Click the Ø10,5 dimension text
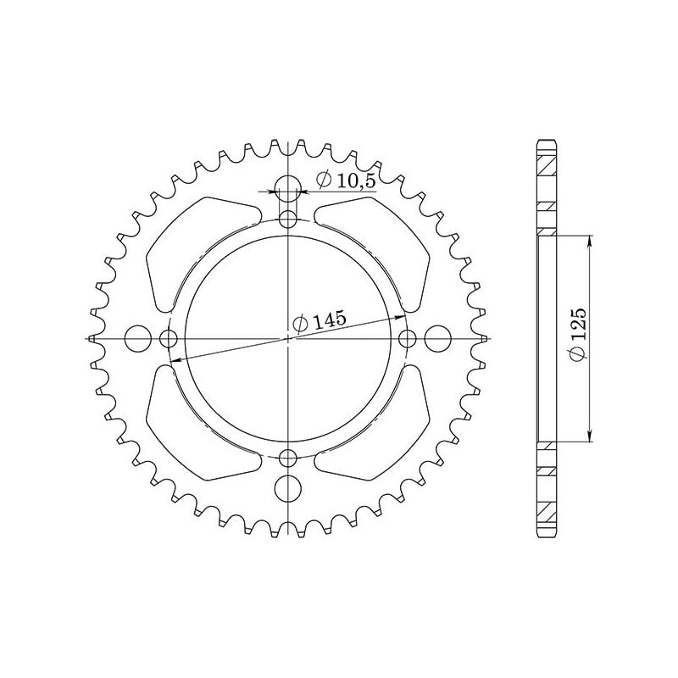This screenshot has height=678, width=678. [347, 180]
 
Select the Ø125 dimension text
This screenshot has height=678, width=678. [578, 338]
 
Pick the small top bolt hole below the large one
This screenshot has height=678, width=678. [289, 220]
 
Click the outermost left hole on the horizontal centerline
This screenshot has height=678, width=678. [136, 339]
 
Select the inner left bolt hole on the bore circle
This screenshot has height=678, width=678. [169, 339]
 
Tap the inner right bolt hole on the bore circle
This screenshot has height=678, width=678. [408, 339]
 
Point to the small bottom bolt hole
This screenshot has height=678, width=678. [289, 458]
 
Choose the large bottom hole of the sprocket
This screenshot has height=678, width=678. [289, 489]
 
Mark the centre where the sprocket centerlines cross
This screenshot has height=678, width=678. [289, 339]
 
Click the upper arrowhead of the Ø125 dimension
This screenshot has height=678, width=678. [590, 241]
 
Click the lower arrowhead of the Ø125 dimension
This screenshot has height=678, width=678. [590, 436]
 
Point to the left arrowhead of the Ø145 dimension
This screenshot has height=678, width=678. [176, 359]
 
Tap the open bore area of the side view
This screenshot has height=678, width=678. [546, 339]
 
